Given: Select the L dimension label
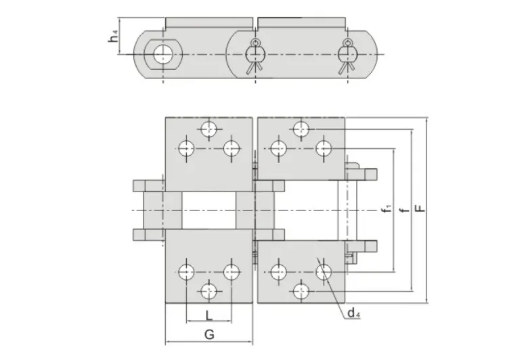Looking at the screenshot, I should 208,315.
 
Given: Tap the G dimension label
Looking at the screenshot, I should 208,334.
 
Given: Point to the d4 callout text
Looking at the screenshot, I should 353,313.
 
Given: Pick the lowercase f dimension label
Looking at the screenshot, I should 404,211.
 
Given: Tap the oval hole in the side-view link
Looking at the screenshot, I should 162,55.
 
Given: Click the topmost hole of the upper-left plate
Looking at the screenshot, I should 208,129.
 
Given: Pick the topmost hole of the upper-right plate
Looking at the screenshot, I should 301,129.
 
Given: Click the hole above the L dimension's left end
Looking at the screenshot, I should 185,272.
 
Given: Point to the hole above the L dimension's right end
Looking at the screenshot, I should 232,272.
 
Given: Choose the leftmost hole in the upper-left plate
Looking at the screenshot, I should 185,148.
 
